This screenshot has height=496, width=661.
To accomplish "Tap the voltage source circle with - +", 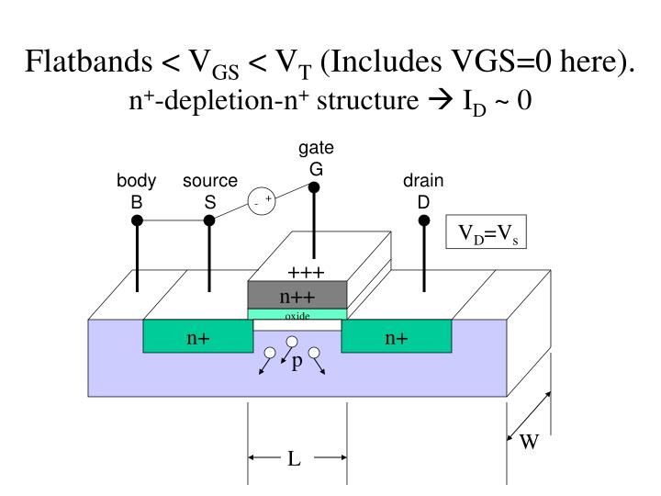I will [x=262, y=199].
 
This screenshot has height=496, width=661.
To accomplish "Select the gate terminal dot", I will [x=314, y=188].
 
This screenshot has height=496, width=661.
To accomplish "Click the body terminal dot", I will [x=137, y=220].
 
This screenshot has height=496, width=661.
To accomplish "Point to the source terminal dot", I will [x=209, y=220].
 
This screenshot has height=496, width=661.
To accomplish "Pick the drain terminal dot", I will [x=424, y=220].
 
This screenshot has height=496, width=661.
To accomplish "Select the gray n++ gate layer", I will [x=297, y=296].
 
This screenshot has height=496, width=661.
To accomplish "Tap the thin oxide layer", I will [x=297, y=315].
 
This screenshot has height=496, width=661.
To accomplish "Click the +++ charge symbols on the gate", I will [x=302, y=273].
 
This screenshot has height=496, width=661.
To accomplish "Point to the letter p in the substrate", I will [x=297, y=362].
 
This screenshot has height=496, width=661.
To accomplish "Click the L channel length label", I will [x=295, y=458].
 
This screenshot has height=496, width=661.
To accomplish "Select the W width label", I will [x=529, y=442].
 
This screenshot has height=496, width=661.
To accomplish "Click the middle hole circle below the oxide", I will [x=293, y=344].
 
